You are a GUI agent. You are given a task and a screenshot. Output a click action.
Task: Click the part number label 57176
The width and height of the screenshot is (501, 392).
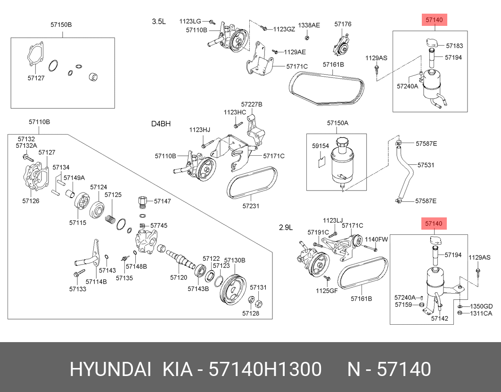point(343,24)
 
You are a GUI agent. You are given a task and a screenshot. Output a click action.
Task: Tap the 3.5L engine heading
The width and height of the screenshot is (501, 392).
point(159,21)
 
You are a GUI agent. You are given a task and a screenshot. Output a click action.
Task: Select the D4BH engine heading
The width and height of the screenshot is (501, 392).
point(161,124)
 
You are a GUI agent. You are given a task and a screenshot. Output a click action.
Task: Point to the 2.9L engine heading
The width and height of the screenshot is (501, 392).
point(286,227)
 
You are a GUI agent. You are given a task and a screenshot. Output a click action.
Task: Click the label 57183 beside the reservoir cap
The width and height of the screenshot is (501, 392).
point(454,46)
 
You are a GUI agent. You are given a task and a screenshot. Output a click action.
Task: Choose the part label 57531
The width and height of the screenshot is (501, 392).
point(426,165)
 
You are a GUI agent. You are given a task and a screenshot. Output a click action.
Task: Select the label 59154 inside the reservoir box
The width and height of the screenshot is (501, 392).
point(320,146)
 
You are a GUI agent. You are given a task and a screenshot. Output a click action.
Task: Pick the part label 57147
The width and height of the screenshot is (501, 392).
point(162,201)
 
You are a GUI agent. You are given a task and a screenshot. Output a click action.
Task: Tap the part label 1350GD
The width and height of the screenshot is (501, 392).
point(481,306)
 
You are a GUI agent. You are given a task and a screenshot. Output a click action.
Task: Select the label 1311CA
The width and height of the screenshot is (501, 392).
point(481,313)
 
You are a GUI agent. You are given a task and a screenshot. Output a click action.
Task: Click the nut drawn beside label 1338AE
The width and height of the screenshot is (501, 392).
point(307,37)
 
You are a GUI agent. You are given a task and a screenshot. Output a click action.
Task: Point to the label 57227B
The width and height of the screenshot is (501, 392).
point(251,104)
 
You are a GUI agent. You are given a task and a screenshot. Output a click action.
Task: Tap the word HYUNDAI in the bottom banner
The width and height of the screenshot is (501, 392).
point(110,370)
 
